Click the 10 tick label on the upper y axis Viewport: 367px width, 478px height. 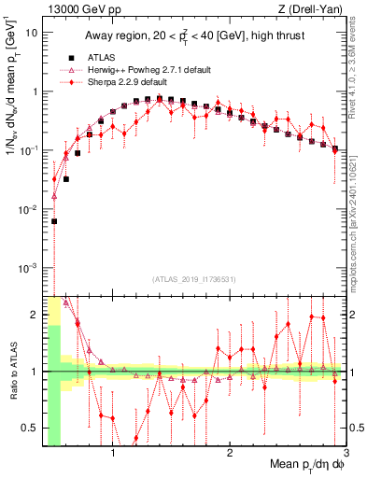point(32,32)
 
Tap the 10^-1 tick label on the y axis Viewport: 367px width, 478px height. point(28,150)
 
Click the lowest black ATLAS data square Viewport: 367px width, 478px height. point(55,221)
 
